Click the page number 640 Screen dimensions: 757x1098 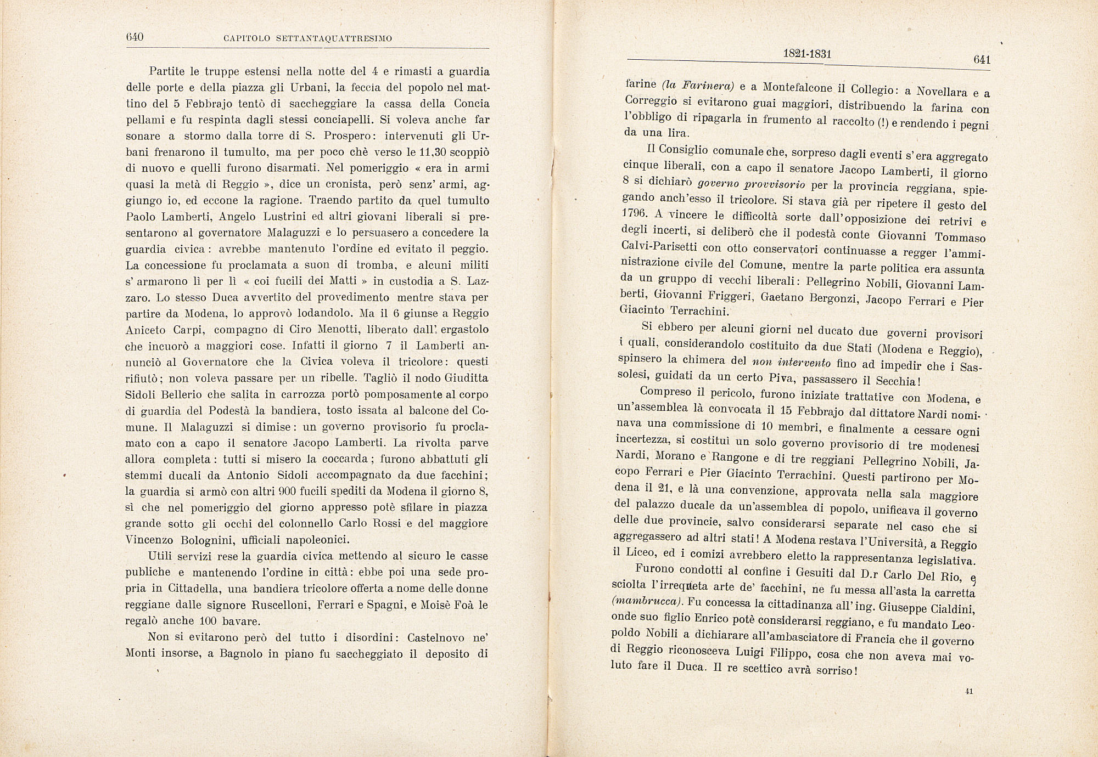click(135, 37)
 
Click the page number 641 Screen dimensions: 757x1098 click(981, 60)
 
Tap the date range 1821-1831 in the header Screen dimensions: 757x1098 click(807, 54)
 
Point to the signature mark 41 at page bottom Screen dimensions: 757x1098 click(968, 692)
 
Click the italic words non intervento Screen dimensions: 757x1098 click(791, 362)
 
